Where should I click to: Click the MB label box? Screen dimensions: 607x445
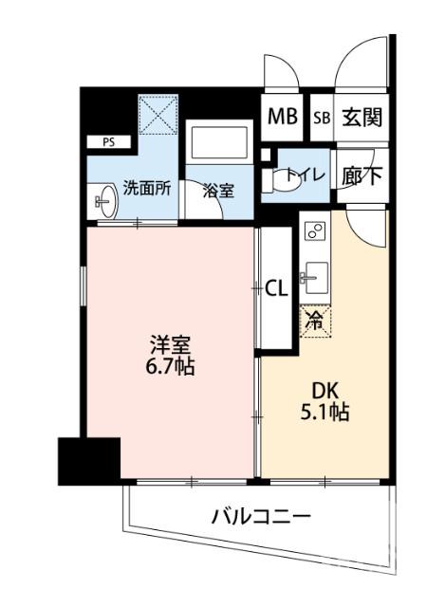[x=282, y=118]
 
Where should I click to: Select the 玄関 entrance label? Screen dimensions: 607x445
[x=362, y=118]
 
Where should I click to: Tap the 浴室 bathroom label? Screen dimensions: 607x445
[x=219, y=191]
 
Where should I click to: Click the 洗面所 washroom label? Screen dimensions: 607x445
[x=147, y=187]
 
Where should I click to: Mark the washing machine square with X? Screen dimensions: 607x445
[x=158, y=116]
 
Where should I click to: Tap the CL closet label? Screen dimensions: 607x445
[x=276, y=287]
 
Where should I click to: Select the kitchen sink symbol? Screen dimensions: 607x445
[x=314, y=279]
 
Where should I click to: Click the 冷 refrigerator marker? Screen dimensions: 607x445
[x=314, y=321]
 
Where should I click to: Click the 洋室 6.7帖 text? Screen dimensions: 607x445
[x=171, y=353]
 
